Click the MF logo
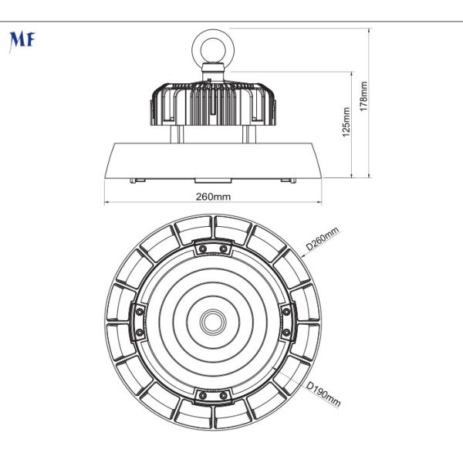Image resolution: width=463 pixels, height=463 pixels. (21, 41)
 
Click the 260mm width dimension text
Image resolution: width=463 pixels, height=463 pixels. (213, 196)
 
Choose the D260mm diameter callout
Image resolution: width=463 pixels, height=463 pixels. (322, 239)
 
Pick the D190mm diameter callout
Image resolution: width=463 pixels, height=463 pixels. (323, 393)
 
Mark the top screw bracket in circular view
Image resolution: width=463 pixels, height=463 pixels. (212, 248)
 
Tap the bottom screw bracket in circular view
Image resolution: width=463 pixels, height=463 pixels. (212, 394)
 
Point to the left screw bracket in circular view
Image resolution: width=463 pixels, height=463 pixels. (139, 321)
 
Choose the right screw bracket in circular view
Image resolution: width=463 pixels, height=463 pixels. (286, 321)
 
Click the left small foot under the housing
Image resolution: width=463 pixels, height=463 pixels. (138, 180)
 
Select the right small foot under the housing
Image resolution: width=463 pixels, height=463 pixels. (288, 180)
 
